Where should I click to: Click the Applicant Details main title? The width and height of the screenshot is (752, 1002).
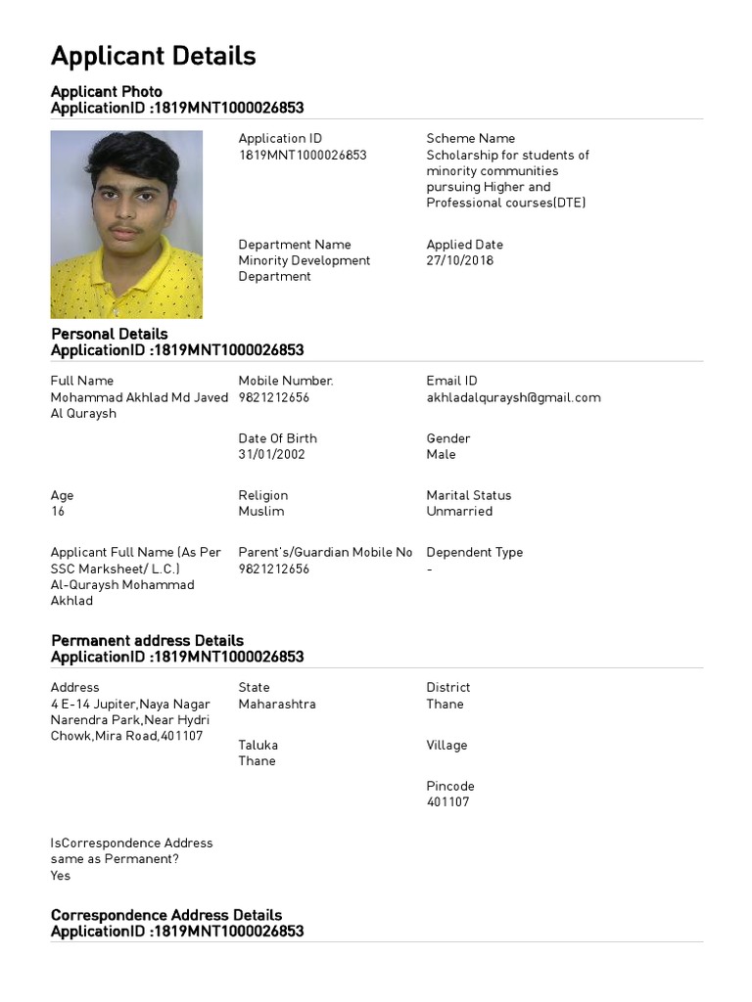(153, 57)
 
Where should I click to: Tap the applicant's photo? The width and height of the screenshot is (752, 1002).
(126, 224)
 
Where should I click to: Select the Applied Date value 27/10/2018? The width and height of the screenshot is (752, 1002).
(459, 261)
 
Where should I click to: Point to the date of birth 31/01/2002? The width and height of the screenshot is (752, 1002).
(271, 455)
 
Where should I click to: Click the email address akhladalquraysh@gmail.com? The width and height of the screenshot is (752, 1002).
(513, 397)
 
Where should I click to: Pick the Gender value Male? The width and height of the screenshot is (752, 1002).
(441, 455)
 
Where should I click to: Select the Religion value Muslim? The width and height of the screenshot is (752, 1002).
(261, 512)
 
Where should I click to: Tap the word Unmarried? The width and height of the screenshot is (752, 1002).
(459, 512)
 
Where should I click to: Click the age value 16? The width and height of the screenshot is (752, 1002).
(58, 512)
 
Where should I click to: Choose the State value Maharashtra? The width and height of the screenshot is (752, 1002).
(277, 705)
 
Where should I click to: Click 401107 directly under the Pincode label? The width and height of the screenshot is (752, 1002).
(447, 802)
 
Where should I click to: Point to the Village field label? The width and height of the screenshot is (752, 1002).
(446, 746)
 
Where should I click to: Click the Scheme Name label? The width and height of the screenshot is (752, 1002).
(470, 139)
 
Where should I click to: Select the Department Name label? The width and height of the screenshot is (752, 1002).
(294, 245)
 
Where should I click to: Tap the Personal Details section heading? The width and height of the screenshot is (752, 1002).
(109, 334)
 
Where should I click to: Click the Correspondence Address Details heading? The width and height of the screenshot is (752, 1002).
(166, 915)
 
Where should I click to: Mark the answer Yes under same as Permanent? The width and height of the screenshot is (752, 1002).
(61, 876)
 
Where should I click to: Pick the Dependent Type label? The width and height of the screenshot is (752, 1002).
(474, 553)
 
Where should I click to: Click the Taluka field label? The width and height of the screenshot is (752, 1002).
(257, 746)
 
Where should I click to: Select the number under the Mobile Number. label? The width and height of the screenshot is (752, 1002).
(273, 397)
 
